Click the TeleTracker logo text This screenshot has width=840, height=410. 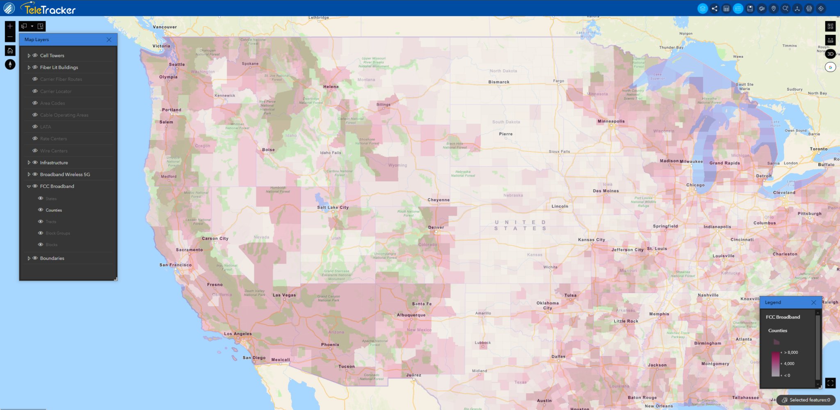(x=50, y=9)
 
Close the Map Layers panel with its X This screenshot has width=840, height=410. (x=109, y=40)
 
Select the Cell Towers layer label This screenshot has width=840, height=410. (x=52, y=55)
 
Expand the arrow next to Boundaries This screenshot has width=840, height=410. (x=29, y=258)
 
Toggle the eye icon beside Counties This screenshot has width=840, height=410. (x=41, y=210)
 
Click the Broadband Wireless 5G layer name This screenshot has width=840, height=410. (x=65, y=174)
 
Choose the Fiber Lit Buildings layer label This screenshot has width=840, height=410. (x=59, y=67)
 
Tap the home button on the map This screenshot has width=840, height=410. (x=10, y=51)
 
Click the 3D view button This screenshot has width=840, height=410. (x=830, y=54)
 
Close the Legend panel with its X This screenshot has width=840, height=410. (x=814, y=302)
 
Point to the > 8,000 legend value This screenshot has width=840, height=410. (x=791, y=353)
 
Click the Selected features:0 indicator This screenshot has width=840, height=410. (x=806, y=400)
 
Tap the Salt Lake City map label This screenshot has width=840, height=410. (x=333, y=208)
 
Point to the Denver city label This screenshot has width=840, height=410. (x=436, y=227)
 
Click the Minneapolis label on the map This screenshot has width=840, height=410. (x=611, y=121)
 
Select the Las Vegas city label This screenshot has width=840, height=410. (x=284, y=295)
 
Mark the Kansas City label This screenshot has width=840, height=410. (x=591, y=240)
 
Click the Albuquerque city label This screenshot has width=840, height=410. (x=411, y=315)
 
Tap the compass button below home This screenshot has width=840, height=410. (x=10, y=64)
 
